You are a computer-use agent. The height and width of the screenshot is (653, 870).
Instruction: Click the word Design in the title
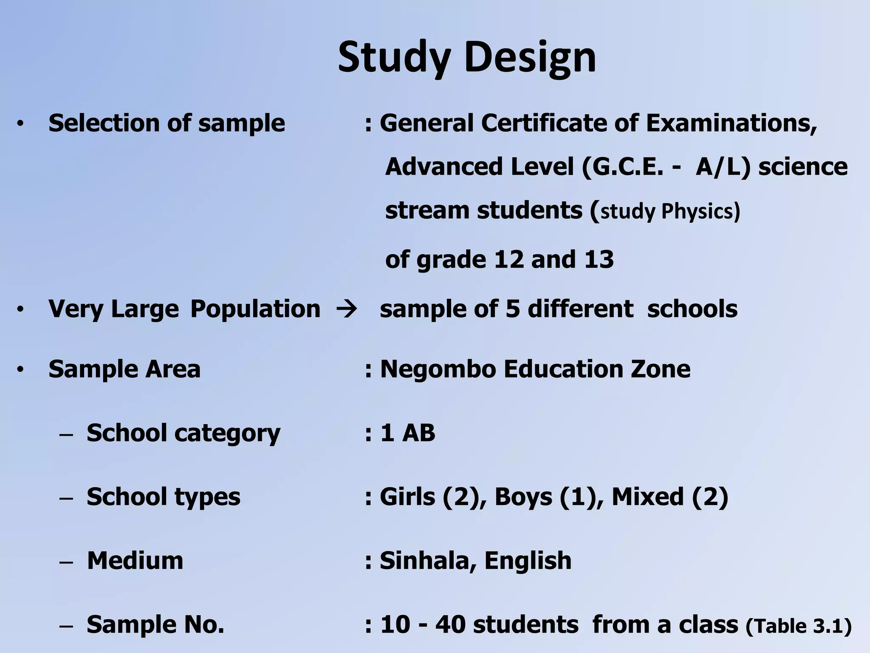(x=531, y=57)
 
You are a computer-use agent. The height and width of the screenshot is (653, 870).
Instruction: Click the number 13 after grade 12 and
(x=599, y=259)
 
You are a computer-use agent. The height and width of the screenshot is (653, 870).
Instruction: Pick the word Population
(x=255, y=309)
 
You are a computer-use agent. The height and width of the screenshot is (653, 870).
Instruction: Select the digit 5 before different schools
(x=513, y=309)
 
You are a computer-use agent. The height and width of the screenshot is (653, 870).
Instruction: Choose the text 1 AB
(x=408, y=433)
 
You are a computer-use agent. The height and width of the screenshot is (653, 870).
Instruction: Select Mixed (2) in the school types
(x=670, y=497)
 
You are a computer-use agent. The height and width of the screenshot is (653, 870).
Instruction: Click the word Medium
(x=135, y=561)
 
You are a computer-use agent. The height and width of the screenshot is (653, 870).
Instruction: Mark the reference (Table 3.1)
(x=799, y=626)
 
